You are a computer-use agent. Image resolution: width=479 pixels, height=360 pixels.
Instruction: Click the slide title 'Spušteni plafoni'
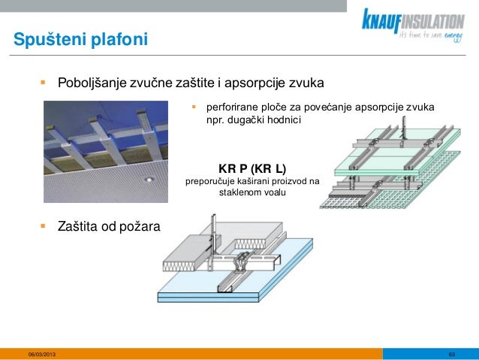point(74,38)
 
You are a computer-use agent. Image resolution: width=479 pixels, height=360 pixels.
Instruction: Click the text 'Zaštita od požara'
point(108,225)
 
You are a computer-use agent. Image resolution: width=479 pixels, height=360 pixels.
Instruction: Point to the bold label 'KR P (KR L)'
point(252,166)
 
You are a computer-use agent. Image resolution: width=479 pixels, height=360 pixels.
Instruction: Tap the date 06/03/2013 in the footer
point(41,354)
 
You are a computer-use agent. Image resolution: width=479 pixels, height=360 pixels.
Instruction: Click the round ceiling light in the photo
point(150,179)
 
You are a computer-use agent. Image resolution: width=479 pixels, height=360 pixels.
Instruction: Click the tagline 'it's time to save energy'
point(431,35)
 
